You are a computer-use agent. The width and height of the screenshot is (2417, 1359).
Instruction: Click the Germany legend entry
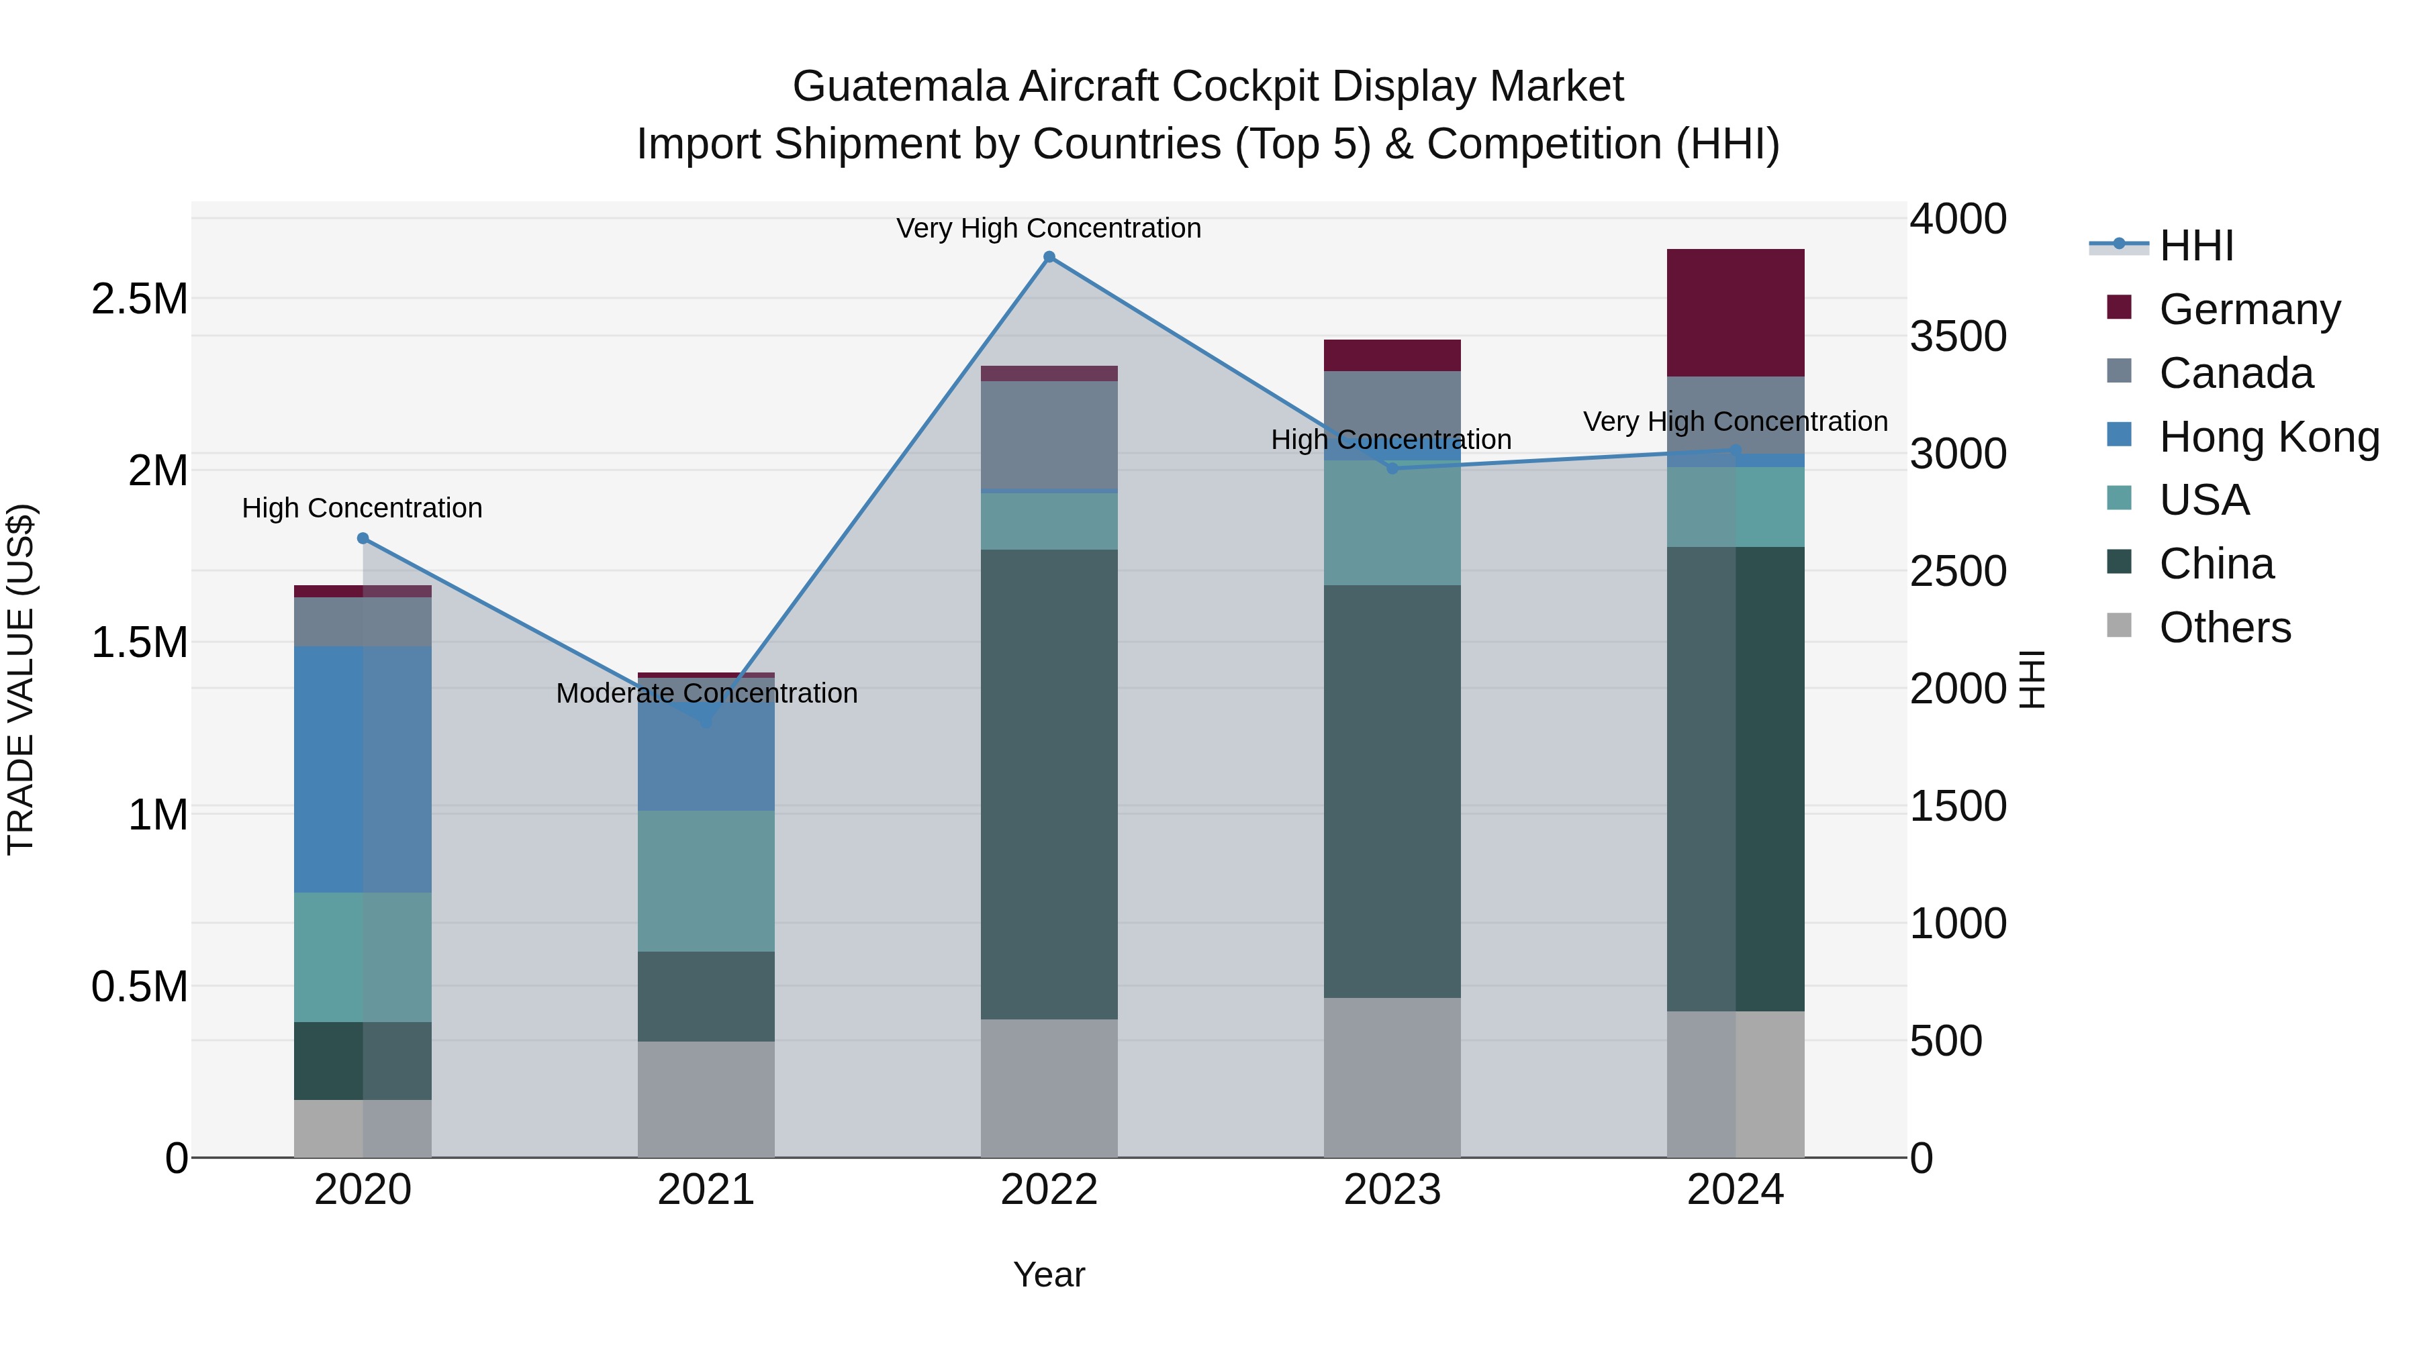click(2248, 309)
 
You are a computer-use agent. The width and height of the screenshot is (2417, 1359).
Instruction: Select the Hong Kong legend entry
click(2268, 436)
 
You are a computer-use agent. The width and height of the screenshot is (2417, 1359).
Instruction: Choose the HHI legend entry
click(2195, 246)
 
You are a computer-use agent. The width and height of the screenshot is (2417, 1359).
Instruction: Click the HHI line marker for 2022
click(1049, 257)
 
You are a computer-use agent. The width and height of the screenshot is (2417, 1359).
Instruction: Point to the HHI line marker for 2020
click(363, 538)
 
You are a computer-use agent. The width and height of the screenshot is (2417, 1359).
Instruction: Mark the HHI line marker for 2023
click(1392, 468)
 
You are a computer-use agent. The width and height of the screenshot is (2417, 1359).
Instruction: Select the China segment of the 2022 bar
click(1049, 783)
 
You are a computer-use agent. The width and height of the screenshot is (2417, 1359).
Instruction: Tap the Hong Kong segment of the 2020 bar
click(363, 769)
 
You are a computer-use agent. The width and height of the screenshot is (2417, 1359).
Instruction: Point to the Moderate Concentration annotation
click(706, 693)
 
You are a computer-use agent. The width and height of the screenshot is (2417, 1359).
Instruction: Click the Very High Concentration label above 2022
click(1048, 228)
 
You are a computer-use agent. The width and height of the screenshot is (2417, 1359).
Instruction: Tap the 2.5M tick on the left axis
click(139, 299)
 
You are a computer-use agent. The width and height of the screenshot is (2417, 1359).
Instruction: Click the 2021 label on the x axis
click(706, 1190)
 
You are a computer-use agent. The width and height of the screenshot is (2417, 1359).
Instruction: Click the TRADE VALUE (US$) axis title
click(21, 679)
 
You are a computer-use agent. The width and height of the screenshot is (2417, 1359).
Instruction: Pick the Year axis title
click(1049, 1274)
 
